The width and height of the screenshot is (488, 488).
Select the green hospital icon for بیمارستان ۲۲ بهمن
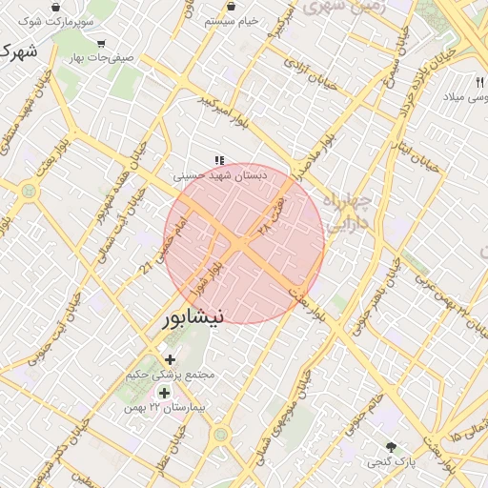tap(164, 393)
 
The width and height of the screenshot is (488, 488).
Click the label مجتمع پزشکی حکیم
tap(172, 375)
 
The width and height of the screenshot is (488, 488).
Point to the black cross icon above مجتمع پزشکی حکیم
tap(171, 359)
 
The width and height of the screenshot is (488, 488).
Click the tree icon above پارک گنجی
tap(391, 446)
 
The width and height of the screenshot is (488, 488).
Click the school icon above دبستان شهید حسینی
tap(219, 161)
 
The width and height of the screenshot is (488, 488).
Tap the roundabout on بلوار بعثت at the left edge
tap(28, 191)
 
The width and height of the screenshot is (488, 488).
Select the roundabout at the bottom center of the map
tap(221, 435)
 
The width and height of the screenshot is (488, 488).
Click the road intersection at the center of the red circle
tap(242, 245)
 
